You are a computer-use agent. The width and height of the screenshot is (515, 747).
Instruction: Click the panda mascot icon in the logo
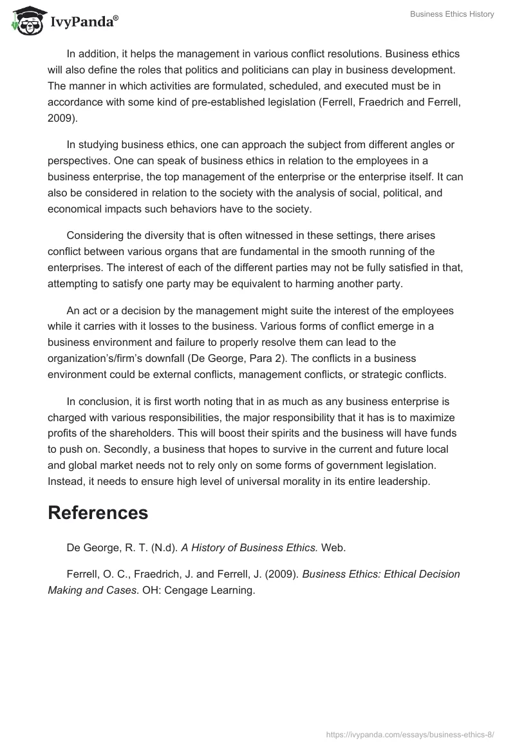(24, 21)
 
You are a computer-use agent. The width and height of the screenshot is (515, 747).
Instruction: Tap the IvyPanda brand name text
(84, 23)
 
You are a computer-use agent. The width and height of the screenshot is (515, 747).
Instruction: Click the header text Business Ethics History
(452, 14)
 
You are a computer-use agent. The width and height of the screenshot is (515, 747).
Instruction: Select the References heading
(98, 513)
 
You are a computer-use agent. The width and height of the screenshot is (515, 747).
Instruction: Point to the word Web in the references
(333, 547)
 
